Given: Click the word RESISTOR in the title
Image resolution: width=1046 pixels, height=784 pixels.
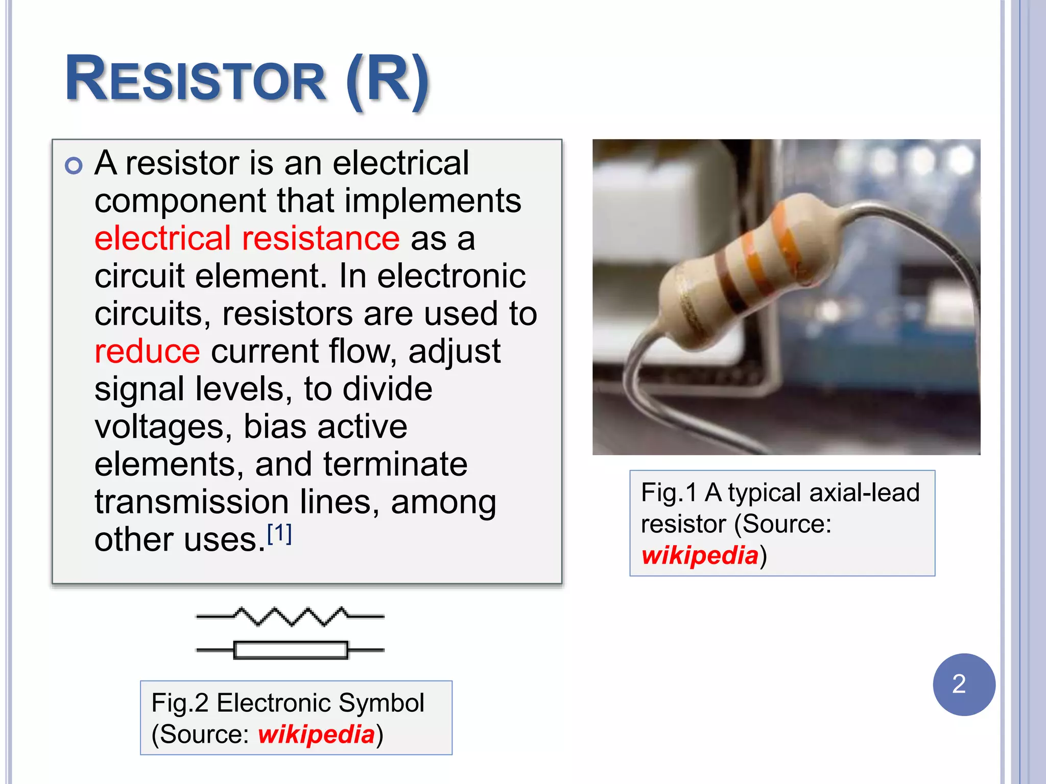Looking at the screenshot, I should click(x=195, y=80).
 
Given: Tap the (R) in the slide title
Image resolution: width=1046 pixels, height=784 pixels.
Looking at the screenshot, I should click(x=387, y=81).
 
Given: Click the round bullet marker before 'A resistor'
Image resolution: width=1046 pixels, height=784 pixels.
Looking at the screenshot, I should click(x=74, y=165).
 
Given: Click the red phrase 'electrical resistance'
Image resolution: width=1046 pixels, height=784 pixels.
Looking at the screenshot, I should click(x=247, y=238).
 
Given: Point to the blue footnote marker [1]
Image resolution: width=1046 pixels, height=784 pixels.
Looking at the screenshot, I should click(x=279, y=534).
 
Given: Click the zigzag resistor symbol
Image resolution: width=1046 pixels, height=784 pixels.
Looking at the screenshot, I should click(x=290, y=616).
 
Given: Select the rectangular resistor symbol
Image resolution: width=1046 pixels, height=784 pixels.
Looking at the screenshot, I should click(x=290, y=650).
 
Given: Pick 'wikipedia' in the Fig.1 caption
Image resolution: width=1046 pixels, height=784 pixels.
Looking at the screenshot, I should click(x=700, y=555).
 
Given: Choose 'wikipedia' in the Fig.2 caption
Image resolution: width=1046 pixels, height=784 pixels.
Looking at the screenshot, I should click(x=316, y=734).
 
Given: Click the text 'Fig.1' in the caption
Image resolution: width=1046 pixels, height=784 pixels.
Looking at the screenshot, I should click(x=669, y=493).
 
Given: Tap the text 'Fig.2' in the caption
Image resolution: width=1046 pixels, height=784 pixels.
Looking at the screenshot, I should click(x=180, y=703).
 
